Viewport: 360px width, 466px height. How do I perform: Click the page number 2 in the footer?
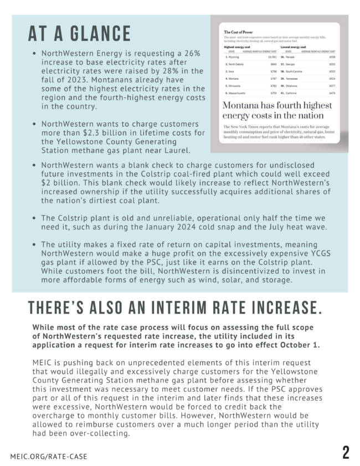click(345, 452)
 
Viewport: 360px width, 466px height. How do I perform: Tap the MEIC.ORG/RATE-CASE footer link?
click(49, 456)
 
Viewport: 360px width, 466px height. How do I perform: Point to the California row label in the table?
click(294, 94)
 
